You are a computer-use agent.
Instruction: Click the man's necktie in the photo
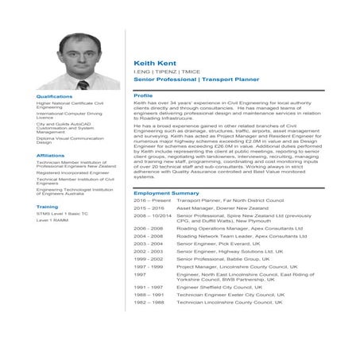[82, 83]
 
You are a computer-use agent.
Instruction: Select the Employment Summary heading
[166, 193]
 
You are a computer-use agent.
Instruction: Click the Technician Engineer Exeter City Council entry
[228, 295]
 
